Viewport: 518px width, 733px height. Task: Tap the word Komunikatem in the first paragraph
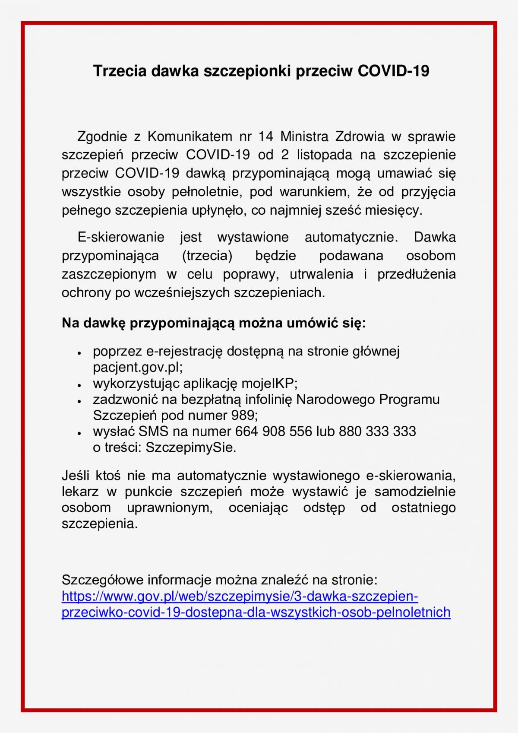190,137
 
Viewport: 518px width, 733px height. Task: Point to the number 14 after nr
265,137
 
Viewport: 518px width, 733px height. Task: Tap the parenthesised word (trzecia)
207,256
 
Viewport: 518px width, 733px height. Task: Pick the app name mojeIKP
268,383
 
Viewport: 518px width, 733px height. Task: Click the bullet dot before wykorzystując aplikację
79,384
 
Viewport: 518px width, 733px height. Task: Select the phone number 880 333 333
377,431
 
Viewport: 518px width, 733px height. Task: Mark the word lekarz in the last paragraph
80,492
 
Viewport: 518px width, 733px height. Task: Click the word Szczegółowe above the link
102,580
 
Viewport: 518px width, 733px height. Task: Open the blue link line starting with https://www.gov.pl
240,597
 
